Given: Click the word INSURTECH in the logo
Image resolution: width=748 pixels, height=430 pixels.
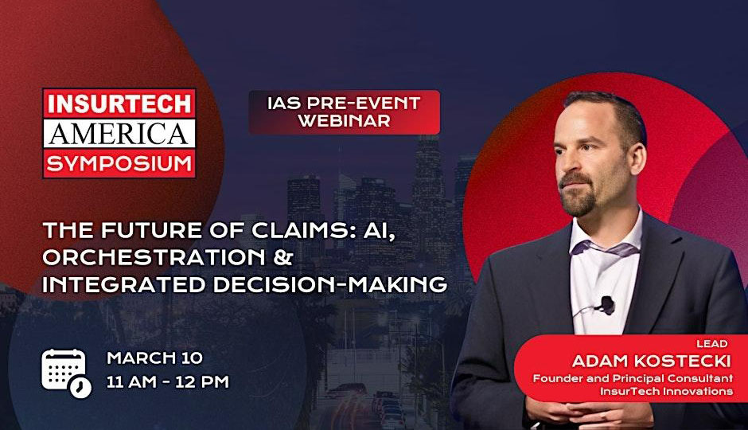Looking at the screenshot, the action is (119, 104).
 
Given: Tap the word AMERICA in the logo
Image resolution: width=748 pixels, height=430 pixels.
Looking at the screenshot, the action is (119, 134).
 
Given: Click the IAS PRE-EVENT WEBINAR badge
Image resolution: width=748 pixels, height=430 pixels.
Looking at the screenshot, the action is (344, 111).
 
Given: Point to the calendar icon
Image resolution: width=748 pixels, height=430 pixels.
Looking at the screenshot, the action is (66, 373).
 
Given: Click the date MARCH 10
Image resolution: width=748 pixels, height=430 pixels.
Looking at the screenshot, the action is (154, 358).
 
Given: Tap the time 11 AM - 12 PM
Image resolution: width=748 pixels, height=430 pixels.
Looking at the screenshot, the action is (167, 382).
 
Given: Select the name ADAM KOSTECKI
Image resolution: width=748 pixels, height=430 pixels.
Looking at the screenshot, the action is (651, 361).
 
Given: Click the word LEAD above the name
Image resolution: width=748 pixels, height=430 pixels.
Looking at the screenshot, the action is (711, 344).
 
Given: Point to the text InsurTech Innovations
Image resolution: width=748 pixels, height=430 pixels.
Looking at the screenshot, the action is (666, 391).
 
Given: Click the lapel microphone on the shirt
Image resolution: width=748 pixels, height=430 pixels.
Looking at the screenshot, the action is (606, 304).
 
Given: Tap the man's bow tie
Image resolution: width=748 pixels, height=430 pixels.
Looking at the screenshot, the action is (605, 248).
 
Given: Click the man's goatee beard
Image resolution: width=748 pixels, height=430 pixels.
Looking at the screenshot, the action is (579, 196).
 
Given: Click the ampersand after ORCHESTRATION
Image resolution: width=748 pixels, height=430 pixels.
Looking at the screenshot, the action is (282, 257).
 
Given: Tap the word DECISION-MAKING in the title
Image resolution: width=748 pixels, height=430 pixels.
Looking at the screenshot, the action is (330, 284).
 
